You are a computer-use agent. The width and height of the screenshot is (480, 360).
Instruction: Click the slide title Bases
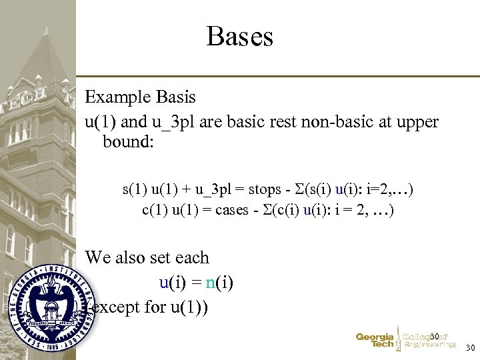point(240,37)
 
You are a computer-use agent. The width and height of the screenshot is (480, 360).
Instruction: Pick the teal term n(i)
point(219,283)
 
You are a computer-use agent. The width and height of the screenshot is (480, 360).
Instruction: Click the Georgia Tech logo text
point(375,341)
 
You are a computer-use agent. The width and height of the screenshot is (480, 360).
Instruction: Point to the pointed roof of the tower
point(49,53)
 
